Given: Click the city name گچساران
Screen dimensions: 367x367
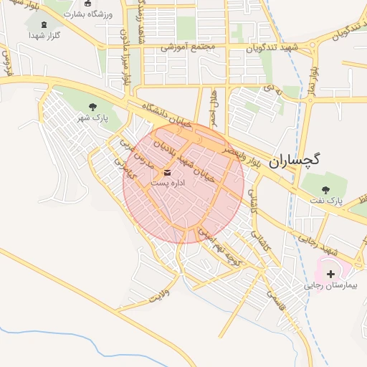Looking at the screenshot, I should pos(295,162).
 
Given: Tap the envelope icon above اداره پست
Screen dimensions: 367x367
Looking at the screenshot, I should pos(168,173).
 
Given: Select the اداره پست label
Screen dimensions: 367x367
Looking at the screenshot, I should pos(168,183).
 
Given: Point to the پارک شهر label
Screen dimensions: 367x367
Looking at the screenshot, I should pos(93,118).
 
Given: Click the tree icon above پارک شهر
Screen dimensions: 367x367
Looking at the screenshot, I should pos(93,108).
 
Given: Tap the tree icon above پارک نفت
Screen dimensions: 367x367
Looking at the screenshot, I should pos(326,190).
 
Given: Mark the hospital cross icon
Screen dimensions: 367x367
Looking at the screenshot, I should pos(330,274).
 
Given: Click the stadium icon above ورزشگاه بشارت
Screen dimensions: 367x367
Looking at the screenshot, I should pos(87,4).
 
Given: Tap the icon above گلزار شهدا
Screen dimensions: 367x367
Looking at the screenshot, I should pos(47,24).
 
